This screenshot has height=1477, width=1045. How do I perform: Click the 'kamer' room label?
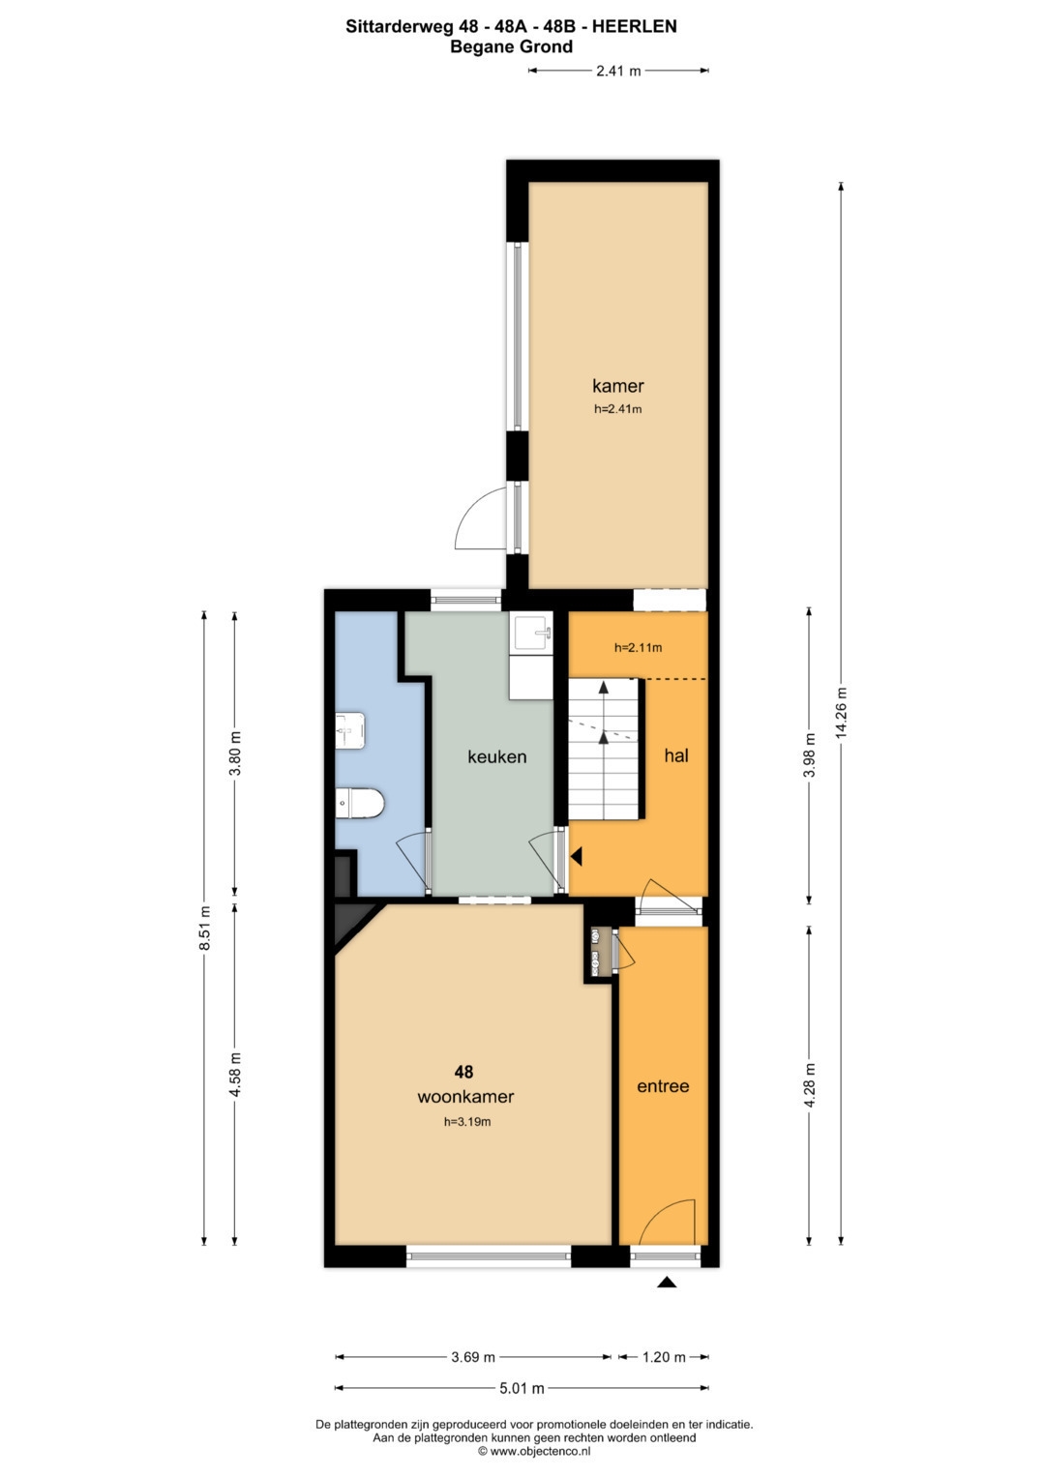[x=617, y=386]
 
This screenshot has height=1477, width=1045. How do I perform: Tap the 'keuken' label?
[x=496, y=756]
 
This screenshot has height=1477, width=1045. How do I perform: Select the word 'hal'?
[x=676, y=755]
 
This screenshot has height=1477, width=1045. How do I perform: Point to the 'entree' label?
[x=663, y=1086]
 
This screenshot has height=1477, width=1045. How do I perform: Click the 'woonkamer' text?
[x=465, y=1097]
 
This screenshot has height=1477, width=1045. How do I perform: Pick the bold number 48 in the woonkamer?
[x=463, y=1072]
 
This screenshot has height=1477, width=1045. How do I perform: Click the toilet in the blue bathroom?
[x=360, y=803]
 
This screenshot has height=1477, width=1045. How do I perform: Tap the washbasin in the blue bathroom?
[x=350, y=730]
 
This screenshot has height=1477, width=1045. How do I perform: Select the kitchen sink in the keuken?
[x=530, y=632]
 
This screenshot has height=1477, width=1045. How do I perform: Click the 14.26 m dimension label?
[x=840, y=713]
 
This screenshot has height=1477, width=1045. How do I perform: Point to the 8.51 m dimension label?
[x=204, y=928]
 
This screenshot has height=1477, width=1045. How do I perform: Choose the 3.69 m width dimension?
[x=473, y=1356]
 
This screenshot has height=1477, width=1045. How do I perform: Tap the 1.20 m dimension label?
[x=665, y=1356]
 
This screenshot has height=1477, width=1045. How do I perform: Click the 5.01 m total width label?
[x=522, y=1388]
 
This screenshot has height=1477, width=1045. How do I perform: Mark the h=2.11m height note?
[x=638, y=647]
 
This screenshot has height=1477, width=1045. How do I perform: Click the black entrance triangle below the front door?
[x=668, y=1283]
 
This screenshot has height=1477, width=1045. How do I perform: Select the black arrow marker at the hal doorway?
[x=577, y=857]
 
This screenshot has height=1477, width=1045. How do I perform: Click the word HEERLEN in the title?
[x=634, y=26]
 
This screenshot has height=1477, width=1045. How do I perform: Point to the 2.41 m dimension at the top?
[x=618, y=71]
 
